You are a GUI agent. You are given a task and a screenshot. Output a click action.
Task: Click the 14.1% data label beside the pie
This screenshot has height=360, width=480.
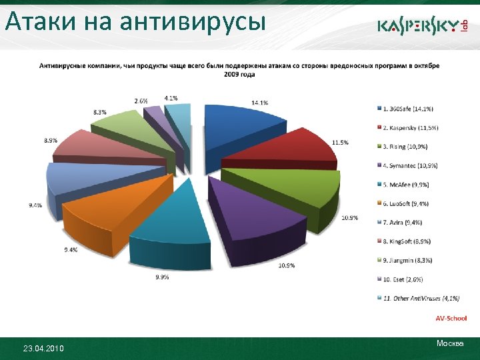(259, 103)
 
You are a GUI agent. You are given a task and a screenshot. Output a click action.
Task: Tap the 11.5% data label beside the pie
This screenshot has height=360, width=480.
(340, 143)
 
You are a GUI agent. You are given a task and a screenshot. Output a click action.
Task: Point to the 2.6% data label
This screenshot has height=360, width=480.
(141, 101)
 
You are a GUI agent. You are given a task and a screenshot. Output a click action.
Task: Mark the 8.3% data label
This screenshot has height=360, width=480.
(100, 112)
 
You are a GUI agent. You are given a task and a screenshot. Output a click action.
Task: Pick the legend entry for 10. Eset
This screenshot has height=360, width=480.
(401, 279)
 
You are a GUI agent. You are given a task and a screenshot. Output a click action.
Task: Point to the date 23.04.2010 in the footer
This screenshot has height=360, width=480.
(44, 348)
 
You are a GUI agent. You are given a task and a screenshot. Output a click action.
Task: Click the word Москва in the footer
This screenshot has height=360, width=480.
(450, 343)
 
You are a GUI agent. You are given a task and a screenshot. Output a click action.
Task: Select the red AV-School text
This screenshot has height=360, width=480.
(451, 319)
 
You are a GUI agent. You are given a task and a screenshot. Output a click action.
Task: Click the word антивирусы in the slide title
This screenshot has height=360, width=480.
(193, 21)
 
